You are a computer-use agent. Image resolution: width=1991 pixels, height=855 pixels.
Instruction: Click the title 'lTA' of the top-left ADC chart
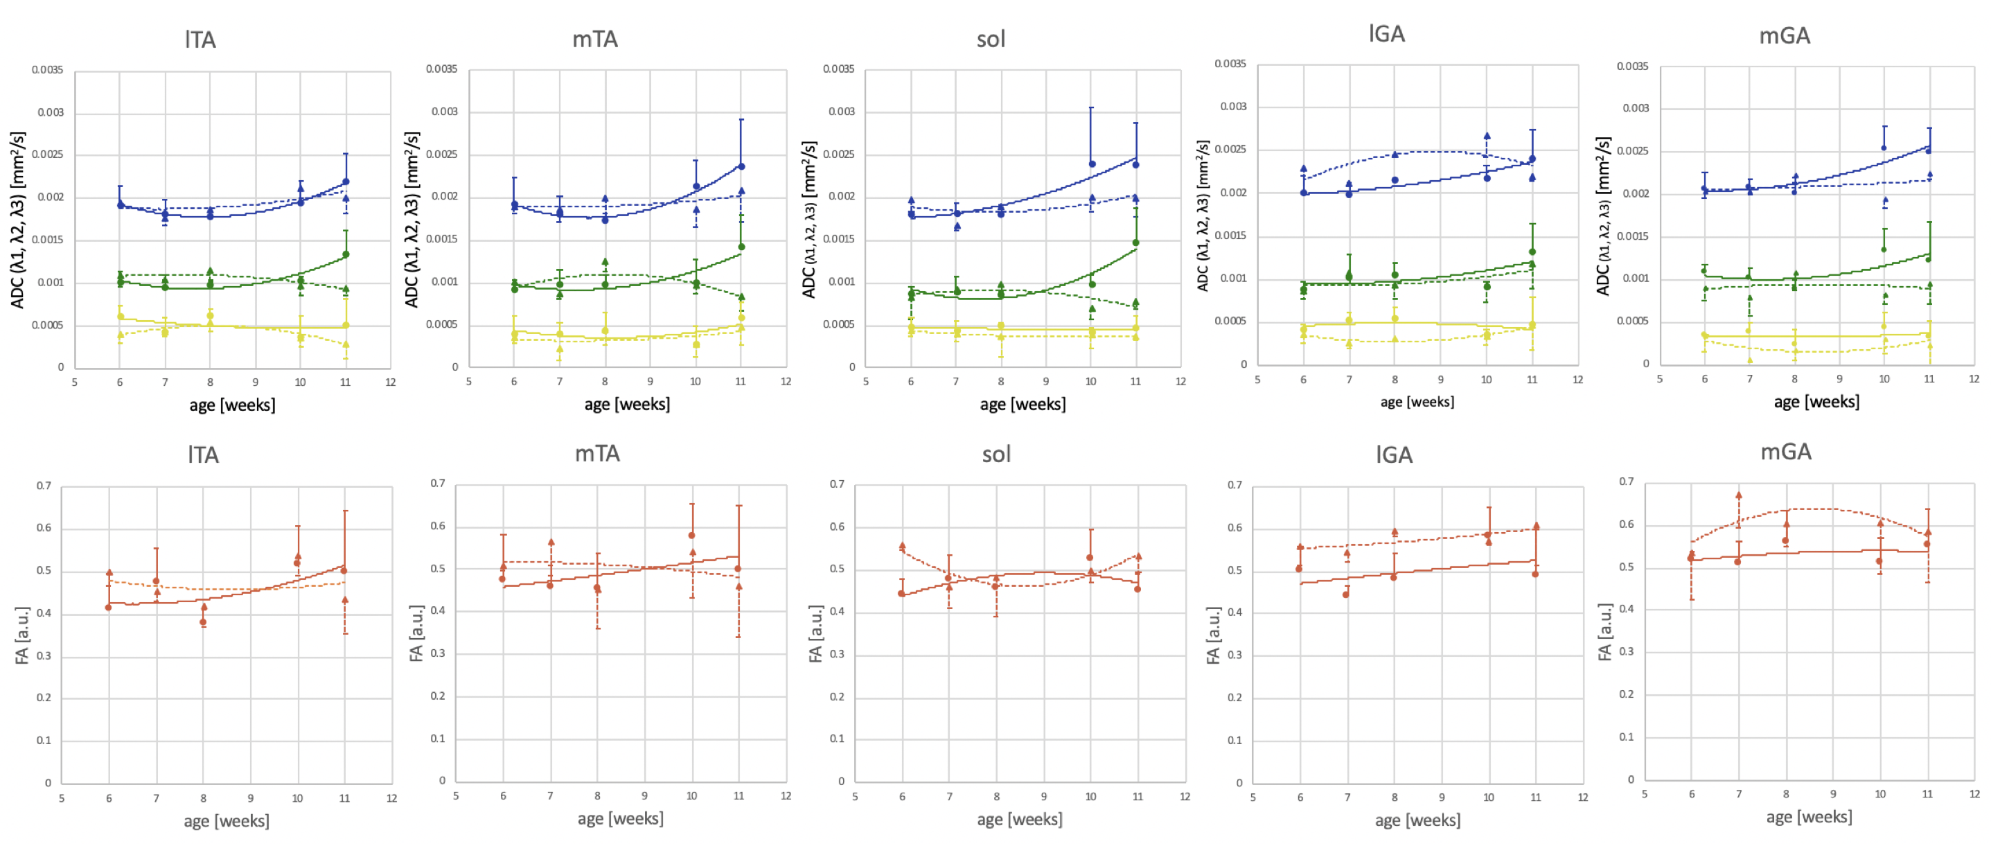coord(200,39)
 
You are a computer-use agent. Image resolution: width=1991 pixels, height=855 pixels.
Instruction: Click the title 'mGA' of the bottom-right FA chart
coord(1785,452)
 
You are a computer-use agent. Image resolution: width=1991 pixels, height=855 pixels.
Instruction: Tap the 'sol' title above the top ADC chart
coord(991,39)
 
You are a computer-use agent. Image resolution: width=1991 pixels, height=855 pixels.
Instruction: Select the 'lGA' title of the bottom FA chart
coord(1394,455)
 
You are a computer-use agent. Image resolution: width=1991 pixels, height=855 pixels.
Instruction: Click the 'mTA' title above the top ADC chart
coord(594,39)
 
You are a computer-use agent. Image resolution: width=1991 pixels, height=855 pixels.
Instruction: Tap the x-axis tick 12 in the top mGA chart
coord(1974,379)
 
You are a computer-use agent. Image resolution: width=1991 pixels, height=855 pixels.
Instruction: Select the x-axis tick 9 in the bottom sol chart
coord(1043,796)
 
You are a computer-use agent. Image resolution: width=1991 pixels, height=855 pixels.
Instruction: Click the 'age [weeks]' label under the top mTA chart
coord(627,405)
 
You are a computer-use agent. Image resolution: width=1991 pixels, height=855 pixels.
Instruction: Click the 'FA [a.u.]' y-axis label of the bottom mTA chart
coord(416,633)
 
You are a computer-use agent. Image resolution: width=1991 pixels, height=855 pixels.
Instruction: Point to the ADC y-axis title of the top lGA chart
coord(1203,215)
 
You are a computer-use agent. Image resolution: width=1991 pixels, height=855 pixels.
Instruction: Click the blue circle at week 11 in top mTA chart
coord(741,166)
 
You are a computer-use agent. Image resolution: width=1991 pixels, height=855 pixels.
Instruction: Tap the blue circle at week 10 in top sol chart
coord(1091,164)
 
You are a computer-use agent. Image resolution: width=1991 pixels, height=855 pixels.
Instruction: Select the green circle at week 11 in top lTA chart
coord(346,254)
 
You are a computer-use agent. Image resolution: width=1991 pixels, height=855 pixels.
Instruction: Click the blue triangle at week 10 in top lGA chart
coord(1486,136)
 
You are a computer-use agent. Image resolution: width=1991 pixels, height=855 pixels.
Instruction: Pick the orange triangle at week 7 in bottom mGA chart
coord(1738,495)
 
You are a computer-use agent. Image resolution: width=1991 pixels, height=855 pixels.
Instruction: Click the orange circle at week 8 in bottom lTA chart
coord(203,622)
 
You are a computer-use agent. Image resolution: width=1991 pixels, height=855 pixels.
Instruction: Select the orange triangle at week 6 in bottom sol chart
coord(902,546)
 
